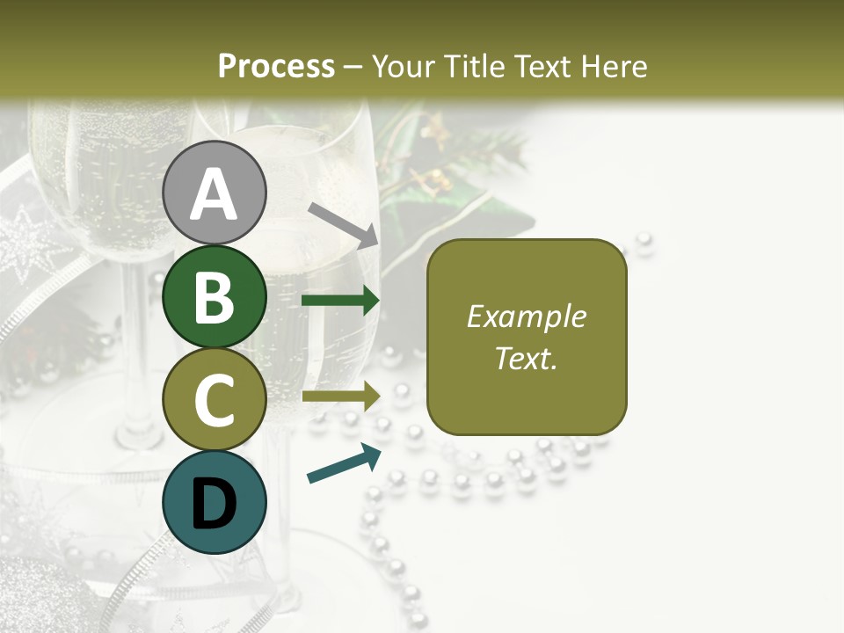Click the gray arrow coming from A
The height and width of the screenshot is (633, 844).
click(344, 224)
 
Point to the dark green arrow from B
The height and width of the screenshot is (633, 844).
click(340, 301)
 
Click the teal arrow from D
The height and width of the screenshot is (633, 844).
click(344, 463)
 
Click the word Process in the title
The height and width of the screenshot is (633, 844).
click(276, 66)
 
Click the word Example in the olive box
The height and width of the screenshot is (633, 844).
click(526, 316)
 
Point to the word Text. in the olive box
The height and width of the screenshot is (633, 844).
click(526, 358)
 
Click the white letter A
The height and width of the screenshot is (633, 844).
click(215, 195)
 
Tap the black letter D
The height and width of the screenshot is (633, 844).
click(215, 504)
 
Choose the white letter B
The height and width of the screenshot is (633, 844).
click(215, 297)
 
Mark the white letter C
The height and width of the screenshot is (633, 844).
click(215, 401)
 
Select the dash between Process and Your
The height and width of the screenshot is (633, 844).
click(353, 68)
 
